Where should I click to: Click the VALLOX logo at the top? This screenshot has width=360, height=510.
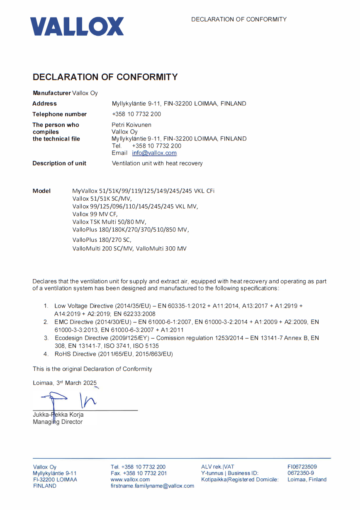point(77,26)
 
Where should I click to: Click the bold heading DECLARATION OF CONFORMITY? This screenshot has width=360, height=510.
point(105,77)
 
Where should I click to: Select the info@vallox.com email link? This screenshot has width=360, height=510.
point(154,153)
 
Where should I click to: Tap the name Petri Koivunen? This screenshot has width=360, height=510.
point(131,125)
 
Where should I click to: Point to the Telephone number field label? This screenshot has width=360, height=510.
point(59,114)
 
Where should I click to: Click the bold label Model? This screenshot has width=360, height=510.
point(41,191)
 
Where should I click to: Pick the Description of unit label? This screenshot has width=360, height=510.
point(59,163)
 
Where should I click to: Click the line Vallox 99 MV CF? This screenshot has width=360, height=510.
point(95,214)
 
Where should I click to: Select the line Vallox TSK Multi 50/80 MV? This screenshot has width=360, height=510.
point(109,222)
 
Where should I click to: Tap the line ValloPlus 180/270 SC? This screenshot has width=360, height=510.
point(102,240)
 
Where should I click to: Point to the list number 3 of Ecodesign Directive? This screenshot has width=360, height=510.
point(46,338)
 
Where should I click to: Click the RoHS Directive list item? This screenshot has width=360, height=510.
point(114,354)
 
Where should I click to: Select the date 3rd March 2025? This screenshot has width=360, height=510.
point(76,383)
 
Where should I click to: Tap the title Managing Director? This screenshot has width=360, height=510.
point(58,422)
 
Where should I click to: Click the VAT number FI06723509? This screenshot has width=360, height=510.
point(302,467)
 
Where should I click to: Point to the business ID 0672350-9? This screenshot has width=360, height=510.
point(300,473)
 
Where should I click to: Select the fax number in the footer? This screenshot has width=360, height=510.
point(139,473)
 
